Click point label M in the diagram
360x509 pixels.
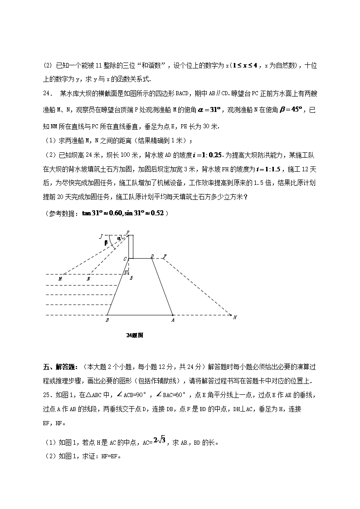(60, 279)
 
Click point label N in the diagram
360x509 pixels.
(88, 279)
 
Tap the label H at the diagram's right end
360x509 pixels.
(235, 318)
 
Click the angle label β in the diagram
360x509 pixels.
(106, 242)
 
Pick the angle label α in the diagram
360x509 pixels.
(119, 238)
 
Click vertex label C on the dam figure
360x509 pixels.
(125, 258)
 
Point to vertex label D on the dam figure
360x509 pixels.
(152, 257)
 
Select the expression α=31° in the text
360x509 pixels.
(209, 109)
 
